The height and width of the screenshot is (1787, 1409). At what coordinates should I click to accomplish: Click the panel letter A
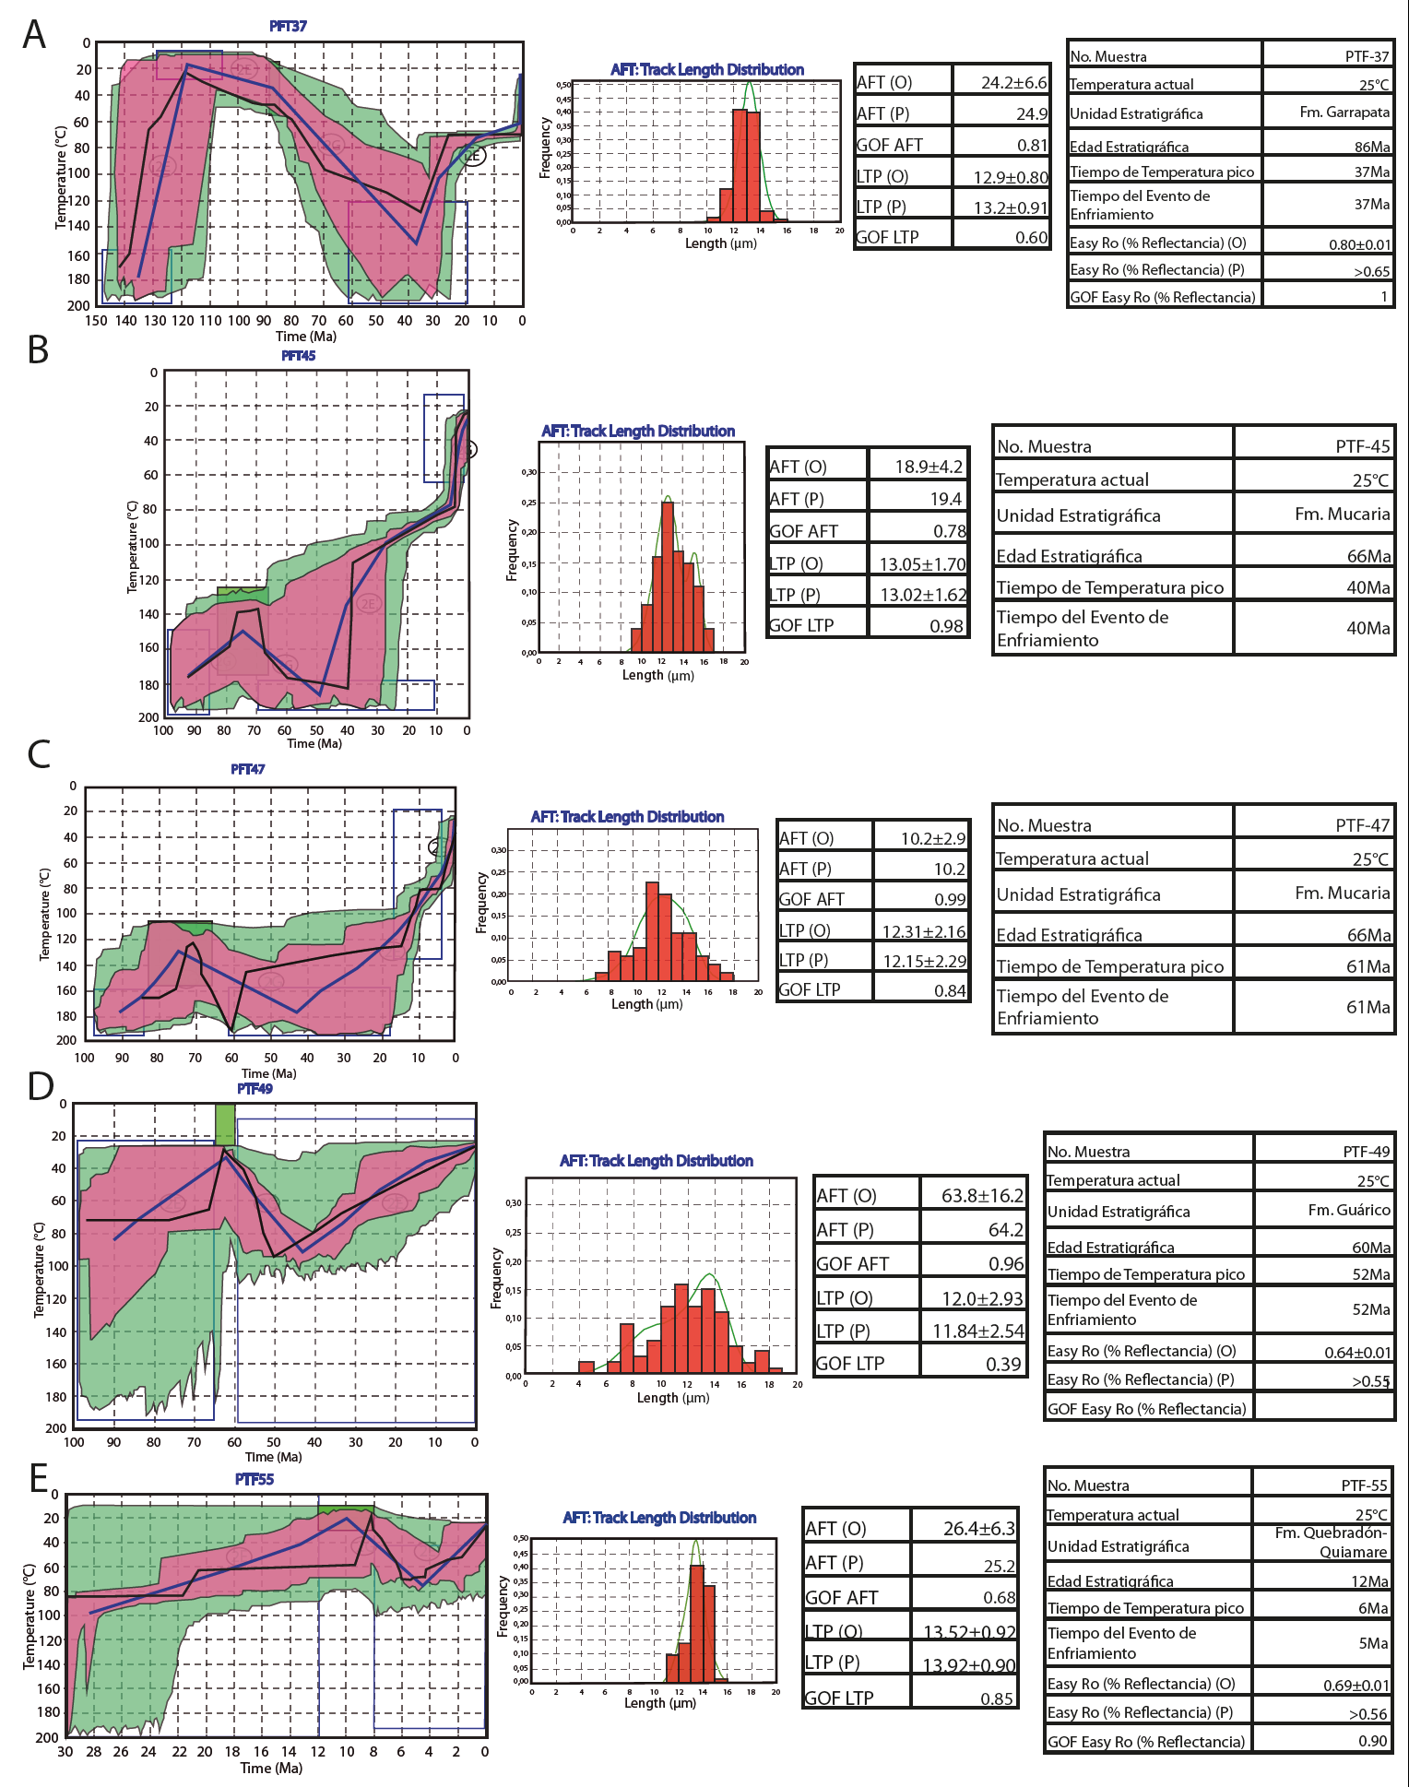tap(34, 34)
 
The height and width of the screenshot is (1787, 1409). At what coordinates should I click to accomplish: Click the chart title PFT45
tap(298, 355)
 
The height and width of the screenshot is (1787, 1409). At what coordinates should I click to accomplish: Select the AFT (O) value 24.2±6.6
tap(1013, 82)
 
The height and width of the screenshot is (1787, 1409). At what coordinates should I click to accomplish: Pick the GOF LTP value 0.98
tap(946, 625)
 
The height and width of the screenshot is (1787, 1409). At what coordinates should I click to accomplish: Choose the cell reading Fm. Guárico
tap(1348, 1210)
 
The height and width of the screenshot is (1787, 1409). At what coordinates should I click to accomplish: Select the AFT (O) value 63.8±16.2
tap(982, 1195)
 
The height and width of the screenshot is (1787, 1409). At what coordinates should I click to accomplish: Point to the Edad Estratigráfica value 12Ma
tap(1369, 1581)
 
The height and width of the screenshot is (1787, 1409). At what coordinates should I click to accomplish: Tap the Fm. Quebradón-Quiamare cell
tap(1331, 1542)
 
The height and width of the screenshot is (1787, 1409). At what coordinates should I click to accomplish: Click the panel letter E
tap(39, 1478)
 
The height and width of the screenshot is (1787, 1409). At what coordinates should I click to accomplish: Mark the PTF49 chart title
tap(255, 1088)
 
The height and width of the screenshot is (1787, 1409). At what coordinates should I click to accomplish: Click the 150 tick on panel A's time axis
tap(96, 321)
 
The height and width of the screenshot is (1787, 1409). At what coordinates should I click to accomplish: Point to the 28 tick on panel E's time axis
tap(93, 1751)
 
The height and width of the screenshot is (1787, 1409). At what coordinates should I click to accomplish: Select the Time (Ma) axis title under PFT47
tap(269, 1073)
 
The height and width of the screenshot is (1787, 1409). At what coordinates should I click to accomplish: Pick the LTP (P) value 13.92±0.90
tap(968, 1665)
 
